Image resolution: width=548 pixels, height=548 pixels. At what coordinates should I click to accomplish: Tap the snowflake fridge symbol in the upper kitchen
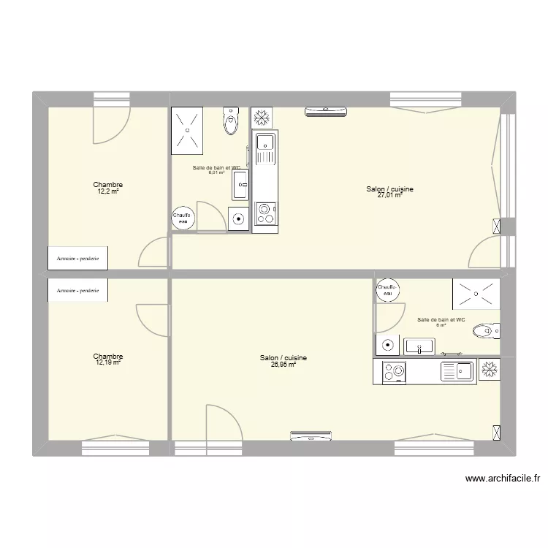(x=259, y=117)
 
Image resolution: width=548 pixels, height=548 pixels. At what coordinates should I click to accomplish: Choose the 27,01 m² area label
(x=389, y=196)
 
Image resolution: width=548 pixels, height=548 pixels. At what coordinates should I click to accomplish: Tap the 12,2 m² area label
(x=107, y=191)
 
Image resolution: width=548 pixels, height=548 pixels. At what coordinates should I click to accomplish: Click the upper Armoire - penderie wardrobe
(x=78, y=257)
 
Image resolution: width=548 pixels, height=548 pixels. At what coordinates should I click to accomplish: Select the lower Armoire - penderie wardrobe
(x=78, y=290)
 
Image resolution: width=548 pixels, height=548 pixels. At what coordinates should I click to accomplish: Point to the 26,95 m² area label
(x=283, y=364)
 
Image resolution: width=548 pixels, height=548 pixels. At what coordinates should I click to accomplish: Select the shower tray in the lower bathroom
(x=476, y=292)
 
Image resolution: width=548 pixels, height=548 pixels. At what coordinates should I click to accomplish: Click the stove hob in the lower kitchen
(x=395, y=372)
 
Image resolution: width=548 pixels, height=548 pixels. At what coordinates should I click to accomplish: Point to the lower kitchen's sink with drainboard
(x=459, y=372)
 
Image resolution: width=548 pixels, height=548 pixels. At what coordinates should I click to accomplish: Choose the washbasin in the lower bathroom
(x=420, y=346)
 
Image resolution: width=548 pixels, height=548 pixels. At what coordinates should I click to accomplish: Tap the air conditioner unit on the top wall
(x=326, y=111)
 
